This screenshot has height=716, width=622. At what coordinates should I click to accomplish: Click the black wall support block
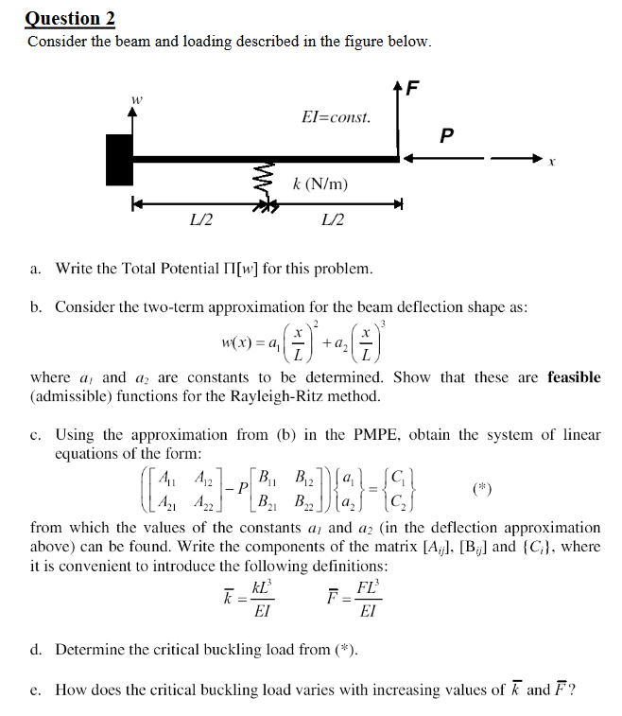[x=119, y=158]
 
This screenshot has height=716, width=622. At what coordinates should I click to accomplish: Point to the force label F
[x=411, y=90]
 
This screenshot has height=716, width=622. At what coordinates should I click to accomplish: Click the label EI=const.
[x=336, y=118]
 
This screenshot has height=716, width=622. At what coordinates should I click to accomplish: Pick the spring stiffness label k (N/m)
[x=320, y=183]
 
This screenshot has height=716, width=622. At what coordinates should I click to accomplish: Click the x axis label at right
[x=551, y=165]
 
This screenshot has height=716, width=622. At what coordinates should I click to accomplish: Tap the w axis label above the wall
[x=137, y=97]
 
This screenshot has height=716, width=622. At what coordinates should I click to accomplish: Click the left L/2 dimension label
[x=200, y=221]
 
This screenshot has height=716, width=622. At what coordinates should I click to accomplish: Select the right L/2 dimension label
[x=333, y=221]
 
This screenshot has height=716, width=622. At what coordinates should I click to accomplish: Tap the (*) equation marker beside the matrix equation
[x=483, y=489]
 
